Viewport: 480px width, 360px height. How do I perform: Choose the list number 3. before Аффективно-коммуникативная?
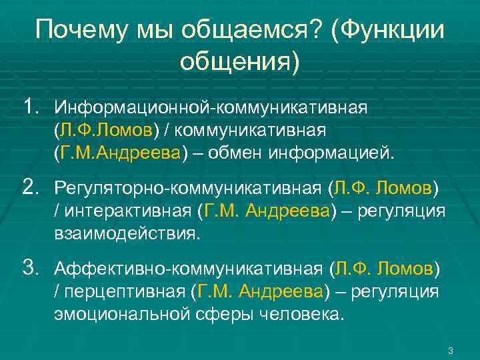pos(31,269)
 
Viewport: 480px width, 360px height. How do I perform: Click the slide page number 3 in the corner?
pos(451,351)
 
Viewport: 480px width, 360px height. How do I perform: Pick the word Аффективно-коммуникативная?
pos(189,270)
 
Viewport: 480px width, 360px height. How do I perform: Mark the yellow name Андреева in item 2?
pos(289,212)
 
